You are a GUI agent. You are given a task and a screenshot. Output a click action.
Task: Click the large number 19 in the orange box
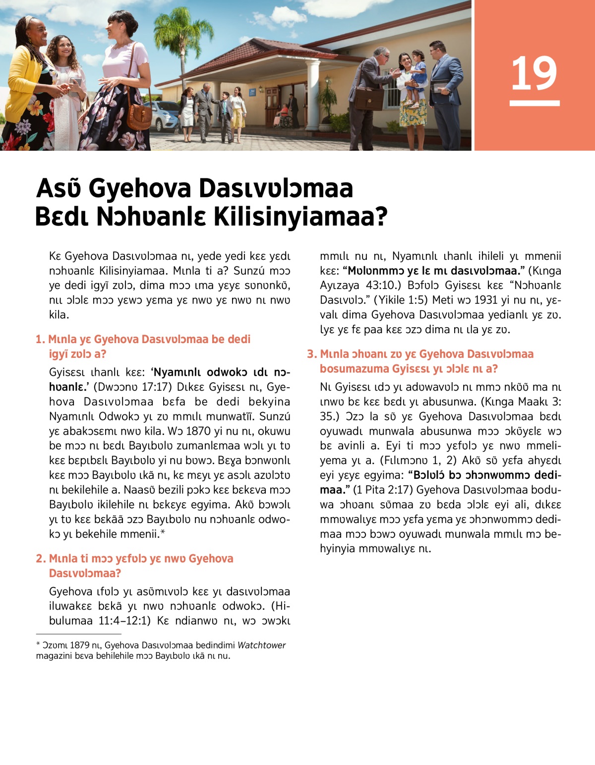[x=534, y=74]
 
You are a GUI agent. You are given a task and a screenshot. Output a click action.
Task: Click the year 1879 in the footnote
[x=79, y=645]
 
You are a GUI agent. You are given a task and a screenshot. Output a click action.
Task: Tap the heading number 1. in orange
[x=41, y=340]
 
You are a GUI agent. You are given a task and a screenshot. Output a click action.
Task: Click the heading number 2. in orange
[x=41, y=559]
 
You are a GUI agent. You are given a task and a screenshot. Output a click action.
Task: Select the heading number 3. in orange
[x=311, y=354]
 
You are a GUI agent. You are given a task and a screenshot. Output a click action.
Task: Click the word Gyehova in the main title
[x=140, y=188]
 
